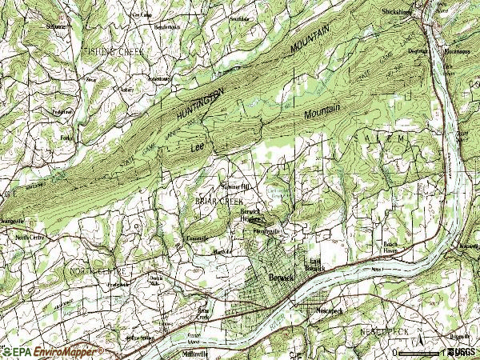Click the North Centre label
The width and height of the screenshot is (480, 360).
[x=30, y=237]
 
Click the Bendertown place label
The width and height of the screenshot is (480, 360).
[x=169, y=26]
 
